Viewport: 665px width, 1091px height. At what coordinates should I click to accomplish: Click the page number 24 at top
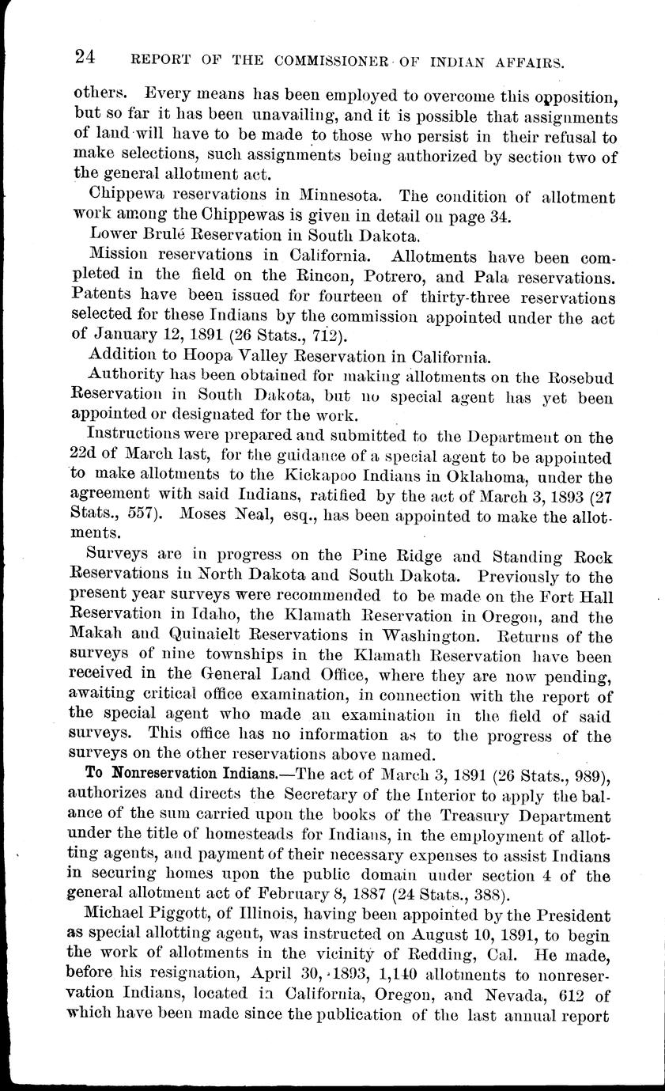[85, 56]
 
